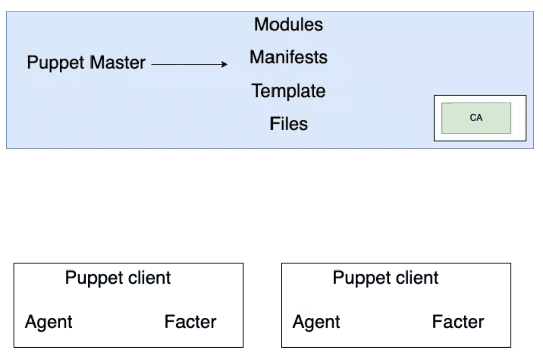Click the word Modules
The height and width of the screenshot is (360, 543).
[x=289, y=24]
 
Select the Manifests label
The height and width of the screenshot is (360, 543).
[x=289, y=57]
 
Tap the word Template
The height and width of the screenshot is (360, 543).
[x=289, y=91]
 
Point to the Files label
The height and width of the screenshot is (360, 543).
[x=289, y=124]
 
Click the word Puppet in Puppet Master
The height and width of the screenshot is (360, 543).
[x=56, y=63]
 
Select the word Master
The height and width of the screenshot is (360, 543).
[x=118, y=63]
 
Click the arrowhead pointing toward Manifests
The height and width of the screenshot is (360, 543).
[x=224, y=64]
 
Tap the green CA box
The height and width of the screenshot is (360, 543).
[x=476, y=118]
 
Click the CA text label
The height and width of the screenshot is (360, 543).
[x=476, y=118]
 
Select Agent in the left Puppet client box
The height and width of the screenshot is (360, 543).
[x=49, y=322]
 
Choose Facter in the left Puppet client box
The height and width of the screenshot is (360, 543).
[x=190, y=322]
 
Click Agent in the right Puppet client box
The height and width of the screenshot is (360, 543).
[x=316, y=322]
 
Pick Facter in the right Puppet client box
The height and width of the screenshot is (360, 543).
[x=458, y=322]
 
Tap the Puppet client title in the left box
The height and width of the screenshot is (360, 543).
[x=118, y=278]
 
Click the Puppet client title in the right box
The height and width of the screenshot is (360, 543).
[x=386, y=278]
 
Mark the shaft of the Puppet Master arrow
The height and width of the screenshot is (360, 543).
[x=186, y=64]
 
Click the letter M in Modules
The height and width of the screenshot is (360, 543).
[x=261, y=24]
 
